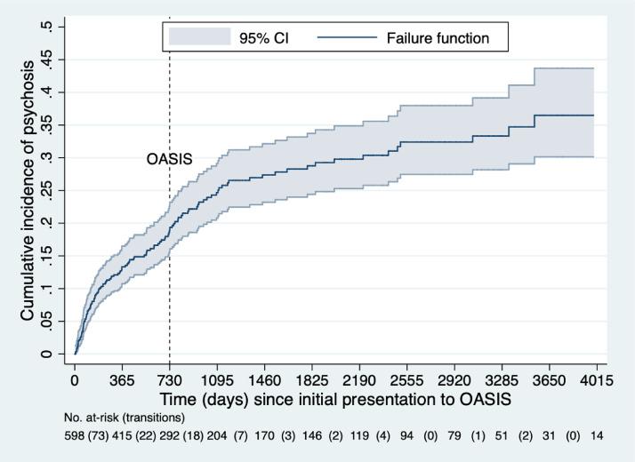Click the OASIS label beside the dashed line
169,160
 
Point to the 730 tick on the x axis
170,379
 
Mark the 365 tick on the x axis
123,379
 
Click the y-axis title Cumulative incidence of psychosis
28,190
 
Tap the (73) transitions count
100,437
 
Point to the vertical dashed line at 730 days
170,267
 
